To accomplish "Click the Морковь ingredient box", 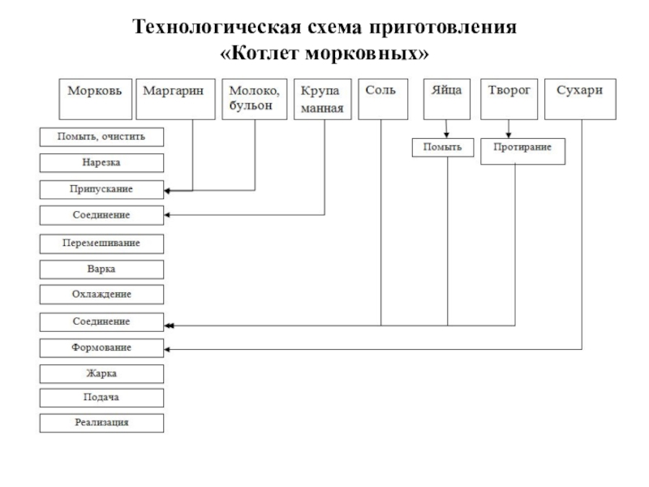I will coord(95,99).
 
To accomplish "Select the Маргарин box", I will coord(174,99).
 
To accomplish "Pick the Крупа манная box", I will coord(323,99).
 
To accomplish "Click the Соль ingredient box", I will coord(381,99).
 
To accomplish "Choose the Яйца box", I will coord(447,99).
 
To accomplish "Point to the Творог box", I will coord(509,99).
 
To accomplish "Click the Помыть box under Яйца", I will coord(443,148).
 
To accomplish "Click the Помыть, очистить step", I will coord(101,137).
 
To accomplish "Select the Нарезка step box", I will coord(101,163).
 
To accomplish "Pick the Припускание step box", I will coord(101,189).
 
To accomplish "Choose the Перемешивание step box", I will coord(101,243).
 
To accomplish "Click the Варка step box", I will coord(101,268).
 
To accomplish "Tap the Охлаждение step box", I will coord(101,294).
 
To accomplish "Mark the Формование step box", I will coord(101,347).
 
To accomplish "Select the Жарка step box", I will coord(101,373).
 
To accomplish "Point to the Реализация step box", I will coord(101,423).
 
